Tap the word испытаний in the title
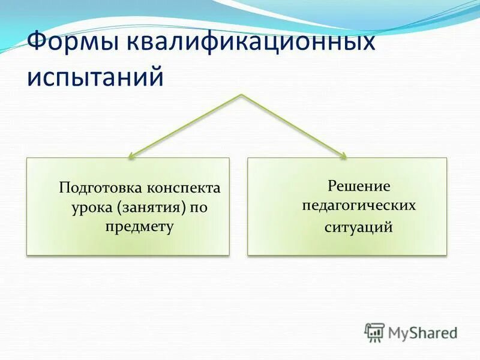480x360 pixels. point(95,78)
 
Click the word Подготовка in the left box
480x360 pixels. point(98,188)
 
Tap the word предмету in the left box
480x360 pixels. point(140,226)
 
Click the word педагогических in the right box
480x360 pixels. point(358,205)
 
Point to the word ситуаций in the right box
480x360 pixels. point(358,228)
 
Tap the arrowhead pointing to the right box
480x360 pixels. point(343,156)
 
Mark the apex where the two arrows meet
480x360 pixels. point(241,95)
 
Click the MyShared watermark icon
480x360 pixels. point(374,332)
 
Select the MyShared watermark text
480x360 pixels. point(422,332)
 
